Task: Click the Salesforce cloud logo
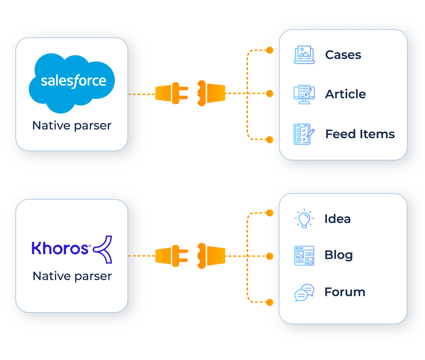tap(72, 82)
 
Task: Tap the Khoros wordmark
tap(60, 248)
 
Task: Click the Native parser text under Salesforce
tap(72, 126)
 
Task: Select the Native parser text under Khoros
tap(72, 276)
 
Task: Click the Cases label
tap(343, 55)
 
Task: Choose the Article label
tap(345, 94)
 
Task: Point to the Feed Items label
tap(360, 134)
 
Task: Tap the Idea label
tap(337, 219)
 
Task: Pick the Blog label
tap(338, 255)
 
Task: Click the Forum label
tap(345, 292)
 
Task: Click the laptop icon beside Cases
tap(304, 55)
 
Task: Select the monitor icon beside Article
tap(304, 94)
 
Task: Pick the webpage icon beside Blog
tap(304, 256)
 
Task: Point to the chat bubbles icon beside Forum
tap(304, 293)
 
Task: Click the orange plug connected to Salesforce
tap(171, 94)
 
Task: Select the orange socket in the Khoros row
tap(211, 256)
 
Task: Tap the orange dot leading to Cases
tap(270, 50)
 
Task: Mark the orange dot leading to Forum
tap(270, 302)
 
